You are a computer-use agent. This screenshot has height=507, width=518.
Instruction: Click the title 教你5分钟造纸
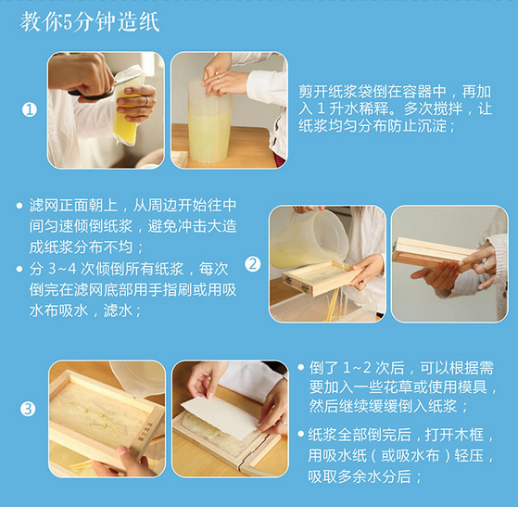pyautogui.click(x=90, y=22)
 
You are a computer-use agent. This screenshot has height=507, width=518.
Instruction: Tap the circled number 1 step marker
pyautogui.click(x=29, y=109)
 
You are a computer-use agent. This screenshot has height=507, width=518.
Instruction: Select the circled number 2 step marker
pyautogui.click(x=253, y=264)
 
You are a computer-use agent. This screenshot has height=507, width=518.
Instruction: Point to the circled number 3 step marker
pyautogui.click(x=28, y=409)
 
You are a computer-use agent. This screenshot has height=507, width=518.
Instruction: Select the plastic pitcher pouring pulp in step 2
pyautogui.click(x=309, y=238)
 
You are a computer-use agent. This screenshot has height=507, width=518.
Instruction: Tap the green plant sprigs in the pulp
pyautogui.click(x=95, y=417)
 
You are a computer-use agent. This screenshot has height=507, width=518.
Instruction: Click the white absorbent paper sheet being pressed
pyautogui.click(x=221, y=417)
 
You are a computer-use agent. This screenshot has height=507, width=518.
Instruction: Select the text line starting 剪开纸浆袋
pyautogui.click(x=395, y=92)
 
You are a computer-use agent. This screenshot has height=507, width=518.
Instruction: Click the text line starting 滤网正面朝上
pyautogui.click(x=133, y=205)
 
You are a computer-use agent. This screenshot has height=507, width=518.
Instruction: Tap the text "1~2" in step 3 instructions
pyautogui.click(x=357, y=368)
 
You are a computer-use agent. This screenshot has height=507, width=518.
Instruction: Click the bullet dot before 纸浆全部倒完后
pyautogui.click(x=300, y=434)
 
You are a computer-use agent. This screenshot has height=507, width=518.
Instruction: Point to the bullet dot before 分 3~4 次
pyautogui.click(x=19, y=269)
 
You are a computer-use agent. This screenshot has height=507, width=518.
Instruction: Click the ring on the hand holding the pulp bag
pyautogui.click(x=146, y=101)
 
